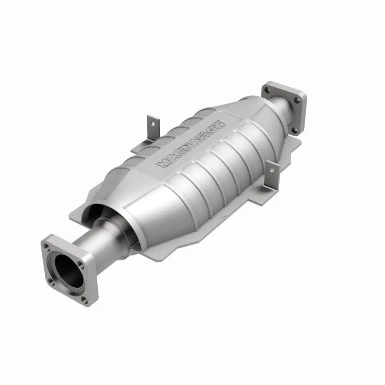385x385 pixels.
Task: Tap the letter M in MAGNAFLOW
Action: coord(163,164)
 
